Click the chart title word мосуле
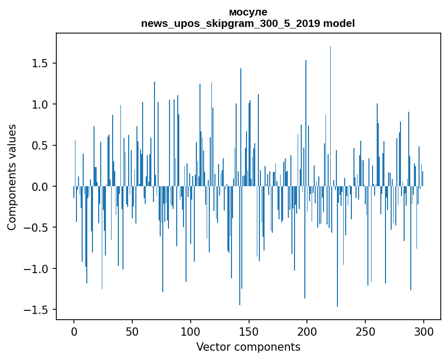pos(248,12)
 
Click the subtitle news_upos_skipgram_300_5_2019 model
pos(248,23)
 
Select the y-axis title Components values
pos(12,177)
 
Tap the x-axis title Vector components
pos(248,347)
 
